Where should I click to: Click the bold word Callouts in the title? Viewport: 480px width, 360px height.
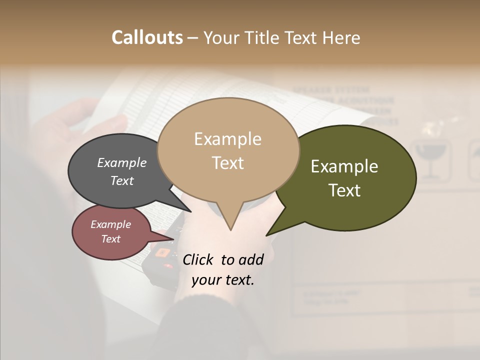[147, 37]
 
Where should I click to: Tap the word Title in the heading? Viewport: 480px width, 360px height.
[264, 37]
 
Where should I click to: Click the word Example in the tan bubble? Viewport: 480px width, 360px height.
[227, 139]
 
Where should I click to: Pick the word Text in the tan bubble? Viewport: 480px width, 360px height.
[227, 163]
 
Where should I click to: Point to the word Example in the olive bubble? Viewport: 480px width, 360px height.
[344, 166]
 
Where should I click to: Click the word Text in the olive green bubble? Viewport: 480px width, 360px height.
[344, 190]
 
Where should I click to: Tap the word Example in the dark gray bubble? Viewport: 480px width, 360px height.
[121, 162]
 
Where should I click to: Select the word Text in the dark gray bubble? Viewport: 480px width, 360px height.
[121, 180]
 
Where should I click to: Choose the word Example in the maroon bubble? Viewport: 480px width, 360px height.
[110, 224]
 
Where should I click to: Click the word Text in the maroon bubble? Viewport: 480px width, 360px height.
[110, 239]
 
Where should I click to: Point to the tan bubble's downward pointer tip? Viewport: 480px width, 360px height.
[230, 229]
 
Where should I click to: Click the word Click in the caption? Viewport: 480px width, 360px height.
[199, 259]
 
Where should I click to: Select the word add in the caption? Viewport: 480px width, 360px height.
[250, 259]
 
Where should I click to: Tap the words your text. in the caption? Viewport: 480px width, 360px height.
[223, 280]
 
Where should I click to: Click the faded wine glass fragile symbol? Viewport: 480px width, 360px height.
[429, 160]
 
